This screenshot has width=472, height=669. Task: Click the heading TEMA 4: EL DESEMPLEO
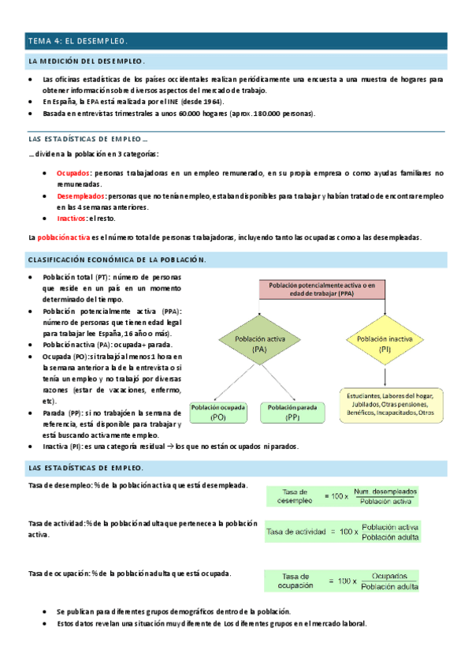pos(77,40)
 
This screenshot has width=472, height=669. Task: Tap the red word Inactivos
pos(72,219)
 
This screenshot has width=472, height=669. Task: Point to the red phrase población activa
pos(63,237)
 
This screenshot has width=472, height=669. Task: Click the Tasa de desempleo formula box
pos(341,496)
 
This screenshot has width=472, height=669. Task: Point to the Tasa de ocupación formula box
pos(341,581)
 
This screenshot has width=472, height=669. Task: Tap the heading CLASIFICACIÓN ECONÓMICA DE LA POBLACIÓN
pos(117,260)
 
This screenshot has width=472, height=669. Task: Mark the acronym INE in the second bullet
pos(172,102)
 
